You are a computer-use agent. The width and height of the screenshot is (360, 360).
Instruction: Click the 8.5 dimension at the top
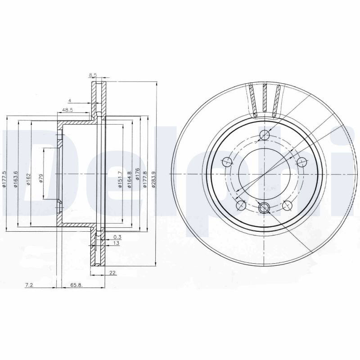93,75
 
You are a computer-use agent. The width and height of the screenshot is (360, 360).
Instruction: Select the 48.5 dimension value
67,110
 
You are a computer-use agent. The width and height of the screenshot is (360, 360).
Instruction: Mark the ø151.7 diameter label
120,180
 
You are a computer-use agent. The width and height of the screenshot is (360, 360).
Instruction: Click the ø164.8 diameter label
129,180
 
